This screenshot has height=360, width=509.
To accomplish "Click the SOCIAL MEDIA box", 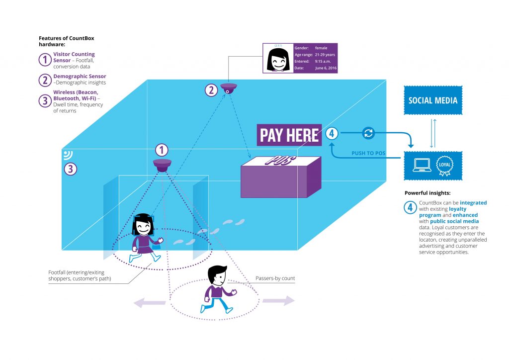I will (x=432, y=100).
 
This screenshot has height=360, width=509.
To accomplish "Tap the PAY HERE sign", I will (x=289, y=135).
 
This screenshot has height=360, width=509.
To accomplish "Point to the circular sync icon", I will (x=368, y=133).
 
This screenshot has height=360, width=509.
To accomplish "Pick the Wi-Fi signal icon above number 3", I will (x=68, y=155).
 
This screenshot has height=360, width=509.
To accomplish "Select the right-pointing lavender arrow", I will (x=279, y=301).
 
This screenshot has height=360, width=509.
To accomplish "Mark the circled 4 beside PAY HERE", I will (x=332, y=133).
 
